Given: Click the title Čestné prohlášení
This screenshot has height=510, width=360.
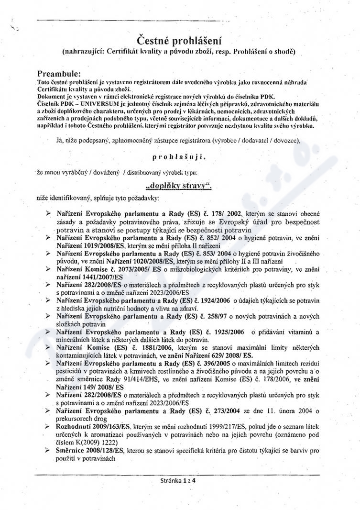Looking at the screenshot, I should pyautogui.click(x=180, y=40).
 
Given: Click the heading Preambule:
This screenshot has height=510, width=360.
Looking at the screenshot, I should pyautogui.click(x=59, y=74).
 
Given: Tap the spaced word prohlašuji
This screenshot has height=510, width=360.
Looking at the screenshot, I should pyautogui.click(x=180, y=156).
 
